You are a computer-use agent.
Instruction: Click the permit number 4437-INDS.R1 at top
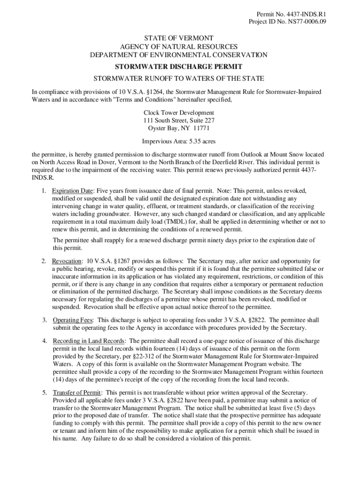[306, 14]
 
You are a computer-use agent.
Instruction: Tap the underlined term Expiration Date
[72, 191]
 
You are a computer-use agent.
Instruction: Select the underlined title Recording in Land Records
[88, 341]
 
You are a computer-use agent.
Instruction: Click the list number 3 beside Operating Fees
[43, 320]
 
